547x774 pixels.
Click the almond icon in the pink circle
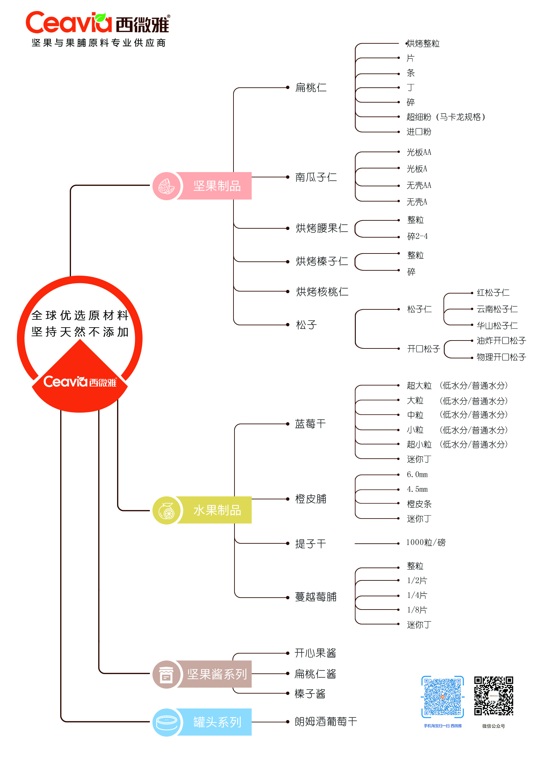[166, 186]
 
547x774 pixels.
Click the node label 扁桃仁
[311, 88]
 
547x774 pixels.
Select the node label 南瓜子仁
[316, 177]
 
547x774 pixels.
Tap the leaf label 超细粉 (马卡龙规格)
[445, 117]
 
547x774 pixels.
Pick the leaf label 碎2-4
[417, 236]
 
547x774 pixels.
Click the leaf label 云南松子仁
[497, 309]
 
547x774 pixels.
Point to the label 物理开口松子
[501, 357]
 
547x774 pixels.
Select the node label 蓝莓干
[310, 424]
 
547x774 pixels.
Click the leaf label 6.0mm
[417, 475]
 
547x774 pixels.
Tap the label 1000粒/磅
[425, 542]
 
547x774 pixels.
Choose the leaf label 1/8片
[417, 610]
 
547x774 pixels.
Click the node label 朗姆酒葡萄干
[325, 721]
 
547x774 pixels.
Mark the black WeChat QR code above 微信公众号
[493, 696]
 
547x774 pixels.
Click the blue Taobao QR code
[442, 697]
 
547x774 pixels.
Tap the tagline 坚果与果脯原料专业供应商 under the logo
[99, 43]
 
